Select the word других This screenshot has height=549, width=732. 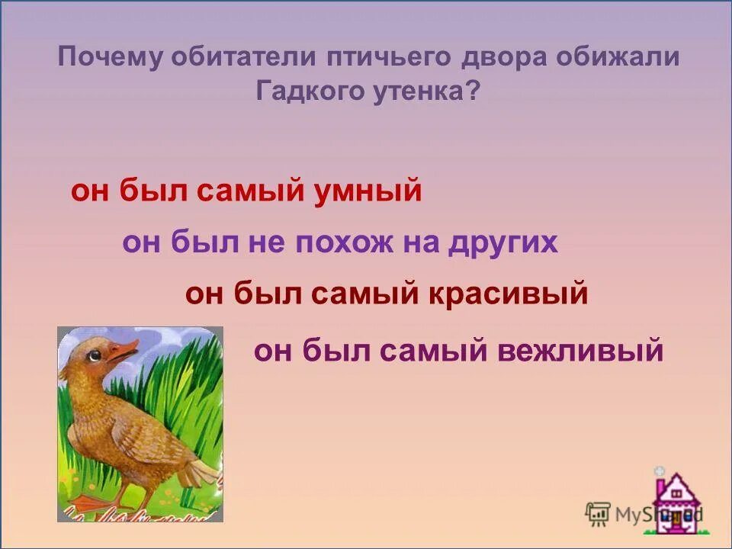[503, 243]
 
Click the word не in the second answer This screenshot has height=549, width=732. [263, 243]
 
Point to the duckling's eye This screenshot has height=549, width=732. [95, 355]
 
